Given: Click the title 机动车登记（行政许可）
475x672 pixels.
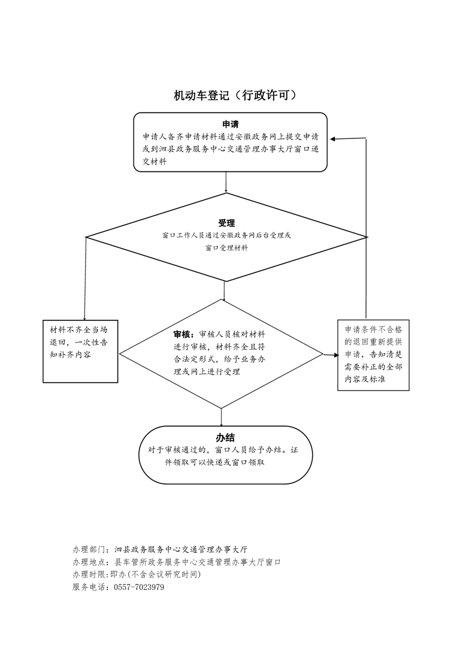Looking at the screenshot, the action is [x=235, y=95].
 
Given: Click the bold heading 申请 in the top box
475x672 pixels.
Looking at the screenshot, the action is [x=230, y=125].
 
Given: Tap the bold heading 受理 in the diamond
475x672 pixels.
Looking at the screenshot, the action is [x=226, y=223].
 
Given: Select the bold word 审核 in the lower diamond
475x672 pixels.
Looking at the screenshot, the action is [x=182, y=334].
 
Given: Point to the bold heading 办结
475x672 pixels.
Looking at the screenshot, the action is [x=225, y=438].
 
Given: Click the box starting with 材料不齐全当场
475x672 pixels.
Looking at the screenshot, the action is [x=80, y=352].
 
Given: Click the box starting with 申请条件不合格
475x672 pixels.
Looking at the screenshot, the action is [x=373, y=355].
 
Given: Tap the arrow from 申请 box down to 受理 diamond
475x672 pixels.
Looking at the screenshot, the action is [x=226, y=182].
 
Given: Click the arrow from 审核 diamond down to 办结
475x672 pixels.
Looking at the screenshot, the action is [x=221, y=417].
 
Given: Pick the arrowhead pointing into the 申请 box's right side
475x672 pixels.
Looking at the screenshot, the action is [x=334, y=139].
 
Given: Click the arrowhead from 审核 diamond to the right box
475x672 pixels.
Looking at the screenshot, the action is [x=334, y=355].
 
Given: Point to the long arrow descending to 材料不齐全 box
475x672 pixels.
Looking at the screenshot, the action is [x=85, y=279].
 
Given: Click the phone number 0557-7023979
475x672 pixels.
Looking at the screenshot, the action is [x=139, y=587].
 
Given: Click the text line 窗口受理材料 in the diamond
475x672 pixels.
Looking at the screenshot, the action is [x=226, y=248].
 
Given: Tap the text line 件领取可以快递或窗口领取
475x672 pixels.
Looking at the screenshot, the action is [x=215, y=462].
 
